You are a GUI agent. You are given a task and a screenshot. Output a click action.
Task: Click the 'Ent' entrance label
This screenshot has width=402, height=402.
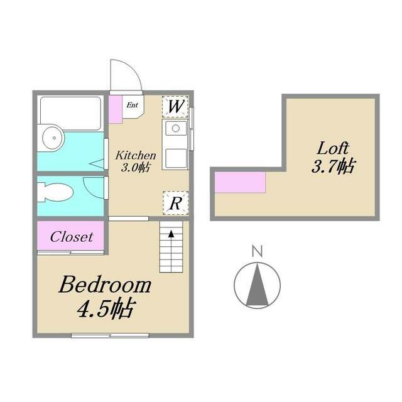133,105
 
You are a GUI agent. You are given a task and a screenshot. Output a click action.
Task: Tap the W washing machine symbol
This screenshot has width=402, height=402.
175,106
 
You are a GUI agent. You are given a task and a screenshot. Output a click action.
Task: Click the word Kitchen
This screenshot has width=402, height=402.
134,155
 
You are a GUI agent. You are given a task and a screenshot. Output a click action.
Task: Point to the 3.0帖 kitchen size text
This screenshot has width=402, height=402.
134,168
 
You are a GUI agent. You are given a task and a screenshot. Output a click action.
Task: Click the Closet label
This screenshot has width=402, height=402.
72,237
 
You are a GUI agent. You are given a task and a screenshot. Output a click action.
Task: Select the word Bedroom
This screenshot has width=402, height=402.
105,286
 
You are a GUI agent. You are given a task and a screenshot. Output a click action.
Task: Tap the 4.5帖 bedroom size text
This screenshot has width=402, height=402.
106,309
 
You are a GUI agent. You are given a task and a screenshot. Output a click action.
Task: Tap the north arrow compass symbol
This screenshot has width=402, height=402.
257,285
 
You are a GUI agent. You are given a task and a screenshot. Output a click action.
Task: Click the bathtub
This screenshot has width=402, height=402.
70,112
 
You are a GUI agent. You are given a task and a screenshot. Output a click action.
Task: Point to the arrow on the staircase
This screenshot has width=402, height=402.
170,235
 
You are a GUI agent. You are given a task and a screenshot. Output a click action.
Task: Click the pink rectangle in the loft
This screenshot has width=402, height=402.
240,182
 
